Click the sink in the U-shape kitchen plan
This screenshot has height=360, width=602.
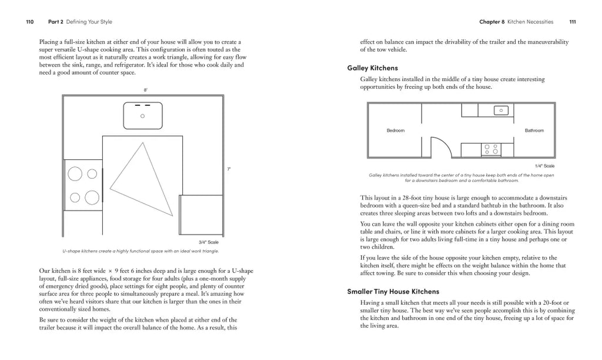pyautogui.click(x=142, y=115)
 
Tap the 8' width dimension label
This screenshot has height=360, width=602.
pyautogui.click(x=146, y=89)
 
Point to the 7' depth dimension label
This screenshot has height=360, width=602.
pyautogui.click(x=229, y=169)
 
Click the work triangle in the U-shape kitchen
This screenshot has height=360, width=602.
pyautogui.click(x=141, y=179)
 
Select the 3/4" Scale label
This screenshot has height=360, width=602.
pyautogui.click(x=209, y=242)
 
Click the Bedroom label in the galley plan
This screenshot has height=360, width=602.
pyautogui.click(x=395, y=131)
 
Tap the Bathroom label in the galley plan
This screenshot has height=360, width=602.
pyautogui.click(x=534, y=131)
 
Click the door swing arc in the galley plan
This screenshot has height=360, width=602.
pyautogui.click(x=440, y=146)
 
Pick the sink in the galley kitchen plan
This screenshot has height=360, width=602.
pyautogui.click(x=501, y=109)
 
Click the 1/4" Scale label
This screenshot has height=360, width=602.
pyautogui.click(x=544, y=166)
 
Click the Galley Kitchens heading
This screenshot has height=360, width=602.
pyautogui.click(x=372, y=68)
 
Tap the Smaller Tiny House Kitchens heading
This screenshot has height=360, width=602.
pyautogui.click(x=393, y=291)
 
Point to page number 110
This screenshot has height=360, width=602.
pyautogui.click(x=29, y=22)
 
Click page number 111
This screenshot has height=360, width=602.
pyautogui.click(x=572, y=22)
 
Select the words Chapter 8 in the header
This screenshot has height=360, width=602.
pyautogui.click(x=492, y=22)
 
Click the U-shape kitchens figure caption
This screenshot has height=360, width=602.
pyautogui.click(x=141, y=251)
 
